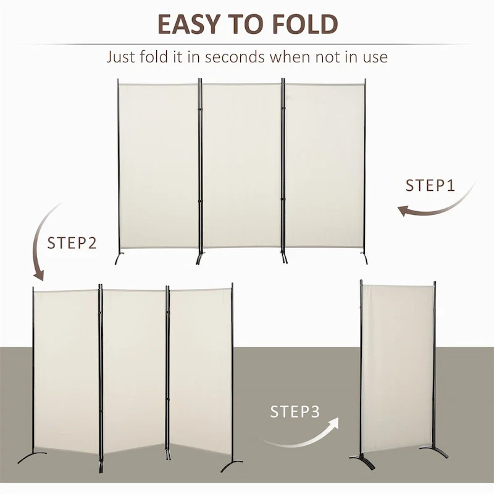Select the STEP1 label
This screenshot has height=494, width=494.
(x=430, y=185)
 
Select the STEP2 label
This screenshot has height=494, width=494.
(x=72, y=243)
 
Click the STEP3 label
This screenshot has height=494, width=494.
(x=295, y=412)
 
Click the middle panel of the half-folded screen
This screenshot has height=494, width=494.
(x=133, y=371)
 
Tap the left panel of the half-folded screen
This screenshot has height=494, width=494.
(x=65, y=371)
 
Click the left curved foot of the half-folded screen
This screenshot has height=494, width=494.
(x=31, y=460)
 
